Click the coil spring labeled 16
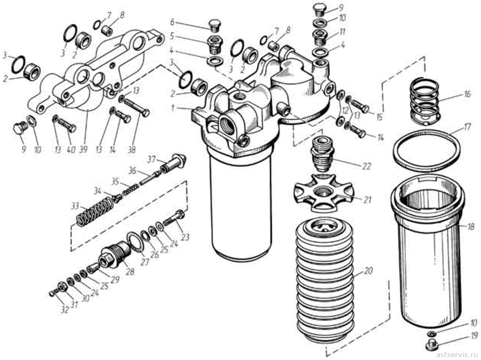coord(425,101)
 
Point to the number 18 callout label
coord(470,226)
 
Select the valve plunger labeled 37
coord(174,162)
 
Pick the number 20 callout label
coord(369,271)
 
